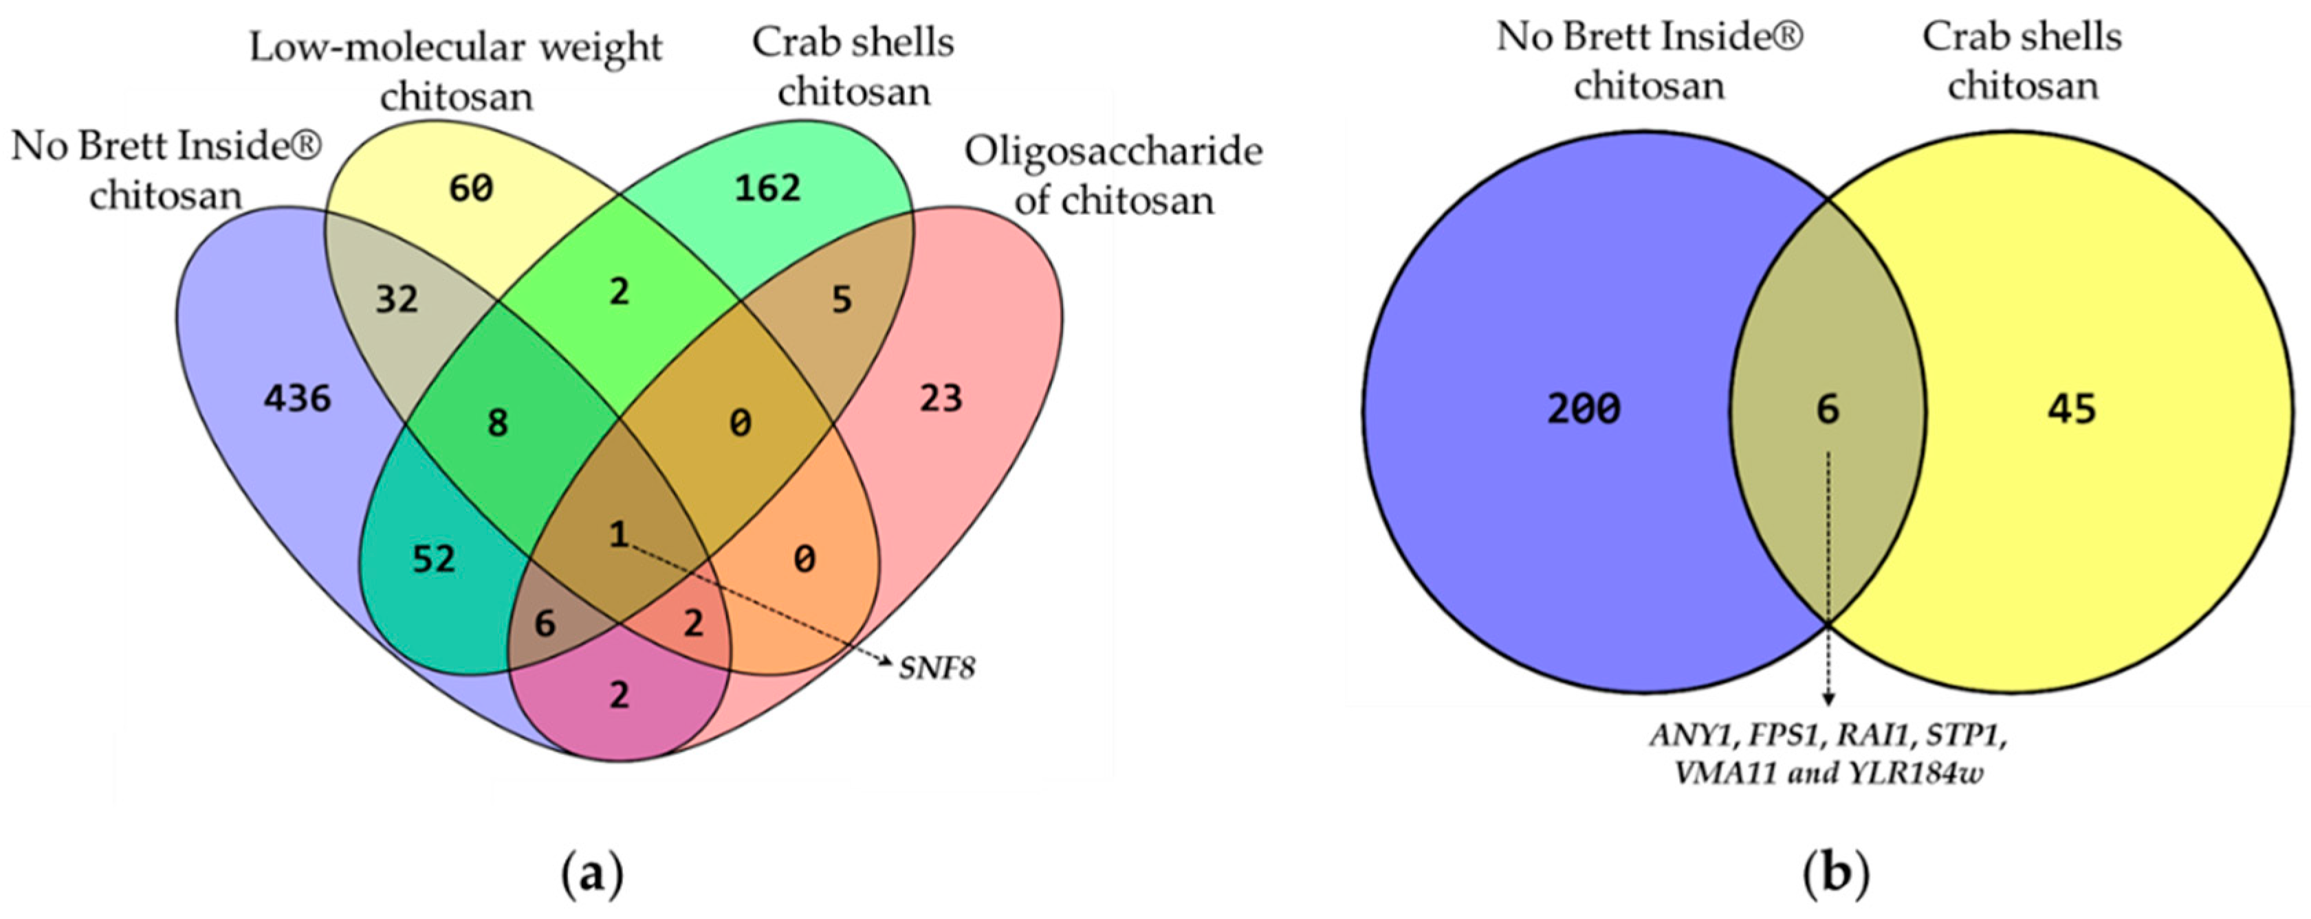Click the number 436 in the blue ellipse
[297, 398]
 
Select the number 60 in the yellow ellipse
[471, 188]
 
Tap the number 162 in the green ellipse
[767, 188]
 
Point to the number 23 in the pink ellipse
[940, 398]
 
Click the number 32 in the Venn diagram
[397, 299]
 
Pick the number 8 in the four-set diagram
[497, 423]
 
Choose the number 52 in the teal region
[434, 560]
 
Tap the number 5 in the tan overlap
[841, 299]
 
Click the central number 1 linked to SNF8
[618, 535]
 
